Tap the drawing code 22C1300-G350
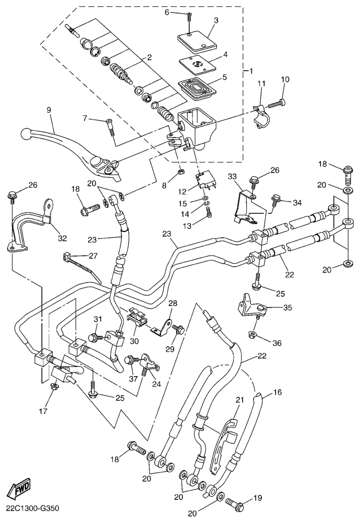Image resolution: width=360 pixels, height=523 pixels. (x=33, y=509)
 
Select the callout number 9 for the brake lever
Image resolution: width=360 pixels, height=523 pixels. (x=49, y=110)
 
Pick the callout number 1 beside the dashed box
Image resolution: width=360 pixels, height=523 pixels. (x=251, y=71)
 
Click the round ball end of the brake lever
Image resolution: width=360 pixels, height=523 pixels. (x=25, y=134)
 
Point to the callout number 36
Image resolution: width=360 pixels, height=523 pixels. (x=276, y=343)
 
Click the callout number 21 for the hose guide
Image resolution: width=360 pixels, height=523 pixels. (x=239, y=400)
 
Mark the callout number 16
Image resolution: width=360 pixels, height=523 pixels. (x=277, y=393)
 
